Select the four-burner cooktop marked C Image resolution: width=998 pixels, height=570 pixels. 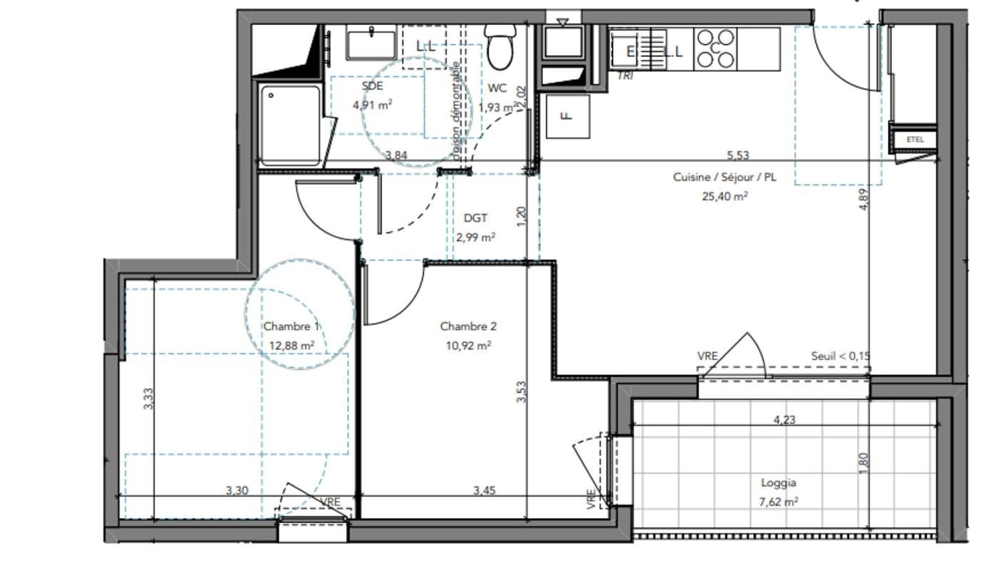coord(715,48)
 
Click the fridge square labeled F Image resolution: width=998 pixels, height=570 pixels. coord(567,116)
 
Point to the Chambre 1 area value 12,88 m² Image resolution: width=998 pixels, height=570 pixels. coord(292,346)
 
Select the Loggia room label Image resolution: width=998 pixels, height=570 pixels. coord(778,482)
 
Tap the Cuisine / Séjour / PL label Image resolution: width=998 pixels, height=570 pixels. coord(724,177)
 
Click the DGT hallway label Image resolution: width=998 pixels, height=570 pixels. coord(475,218)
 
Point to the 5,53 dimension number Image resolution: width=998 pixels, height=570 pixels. coord(737,155)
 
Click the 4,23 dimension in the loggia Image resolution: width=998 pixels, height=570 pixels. coord(784,420)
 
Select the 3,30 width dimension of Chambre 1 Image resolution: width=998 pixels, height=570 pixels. coord(237,490)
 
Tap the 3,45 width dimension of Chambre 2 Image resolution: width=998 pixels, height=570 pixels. coord(484,490)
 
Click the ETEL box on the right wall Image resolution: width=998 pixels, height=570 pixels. coord(915,140)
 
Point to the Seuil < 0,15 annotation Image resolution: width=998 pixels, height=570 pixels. coord(840,356)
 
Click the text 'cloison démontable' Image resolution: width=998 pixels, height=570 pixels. coord(457,110)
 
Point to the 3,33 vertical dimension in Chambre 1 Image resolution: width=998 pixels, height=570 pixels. coord(148,398)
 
